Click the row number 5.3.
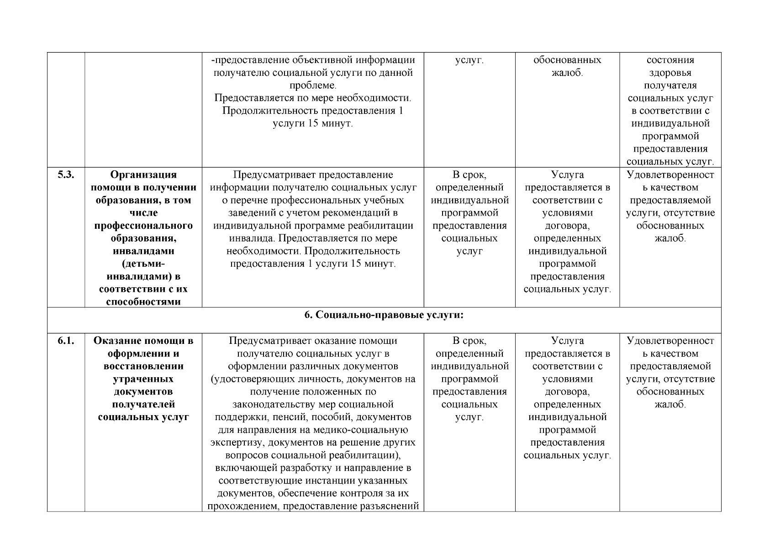tap(66, 175)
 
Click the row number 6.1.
tap(66, 341)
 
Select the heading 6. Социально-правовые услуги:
tap(384, 316)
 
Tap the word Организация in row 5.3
tap(143, 175)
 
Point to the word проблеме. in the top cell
tap(313, 86)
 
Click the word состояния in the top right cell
tap(670, 60)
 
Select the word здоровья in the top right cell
tap(670, 73)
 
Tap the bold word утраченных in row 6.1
tap(143, 379)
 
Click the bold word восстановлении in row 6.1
tap(143, 366)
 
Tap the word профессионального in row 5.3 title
tap(143, 226)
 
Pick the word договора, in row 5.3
tap(567, 226)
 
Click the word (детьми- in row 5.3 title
tap(143, 264)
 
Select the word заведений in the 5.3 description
tap(248, 213)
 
